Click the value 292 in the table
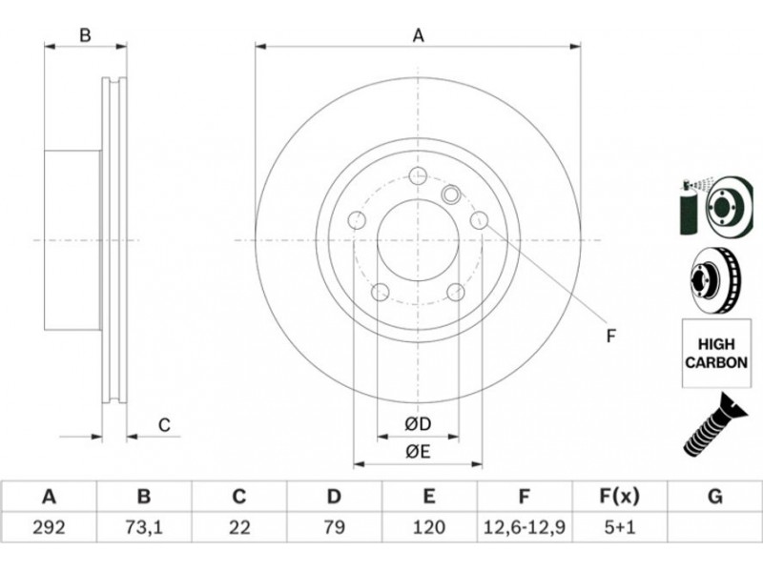click(x=49, y=527)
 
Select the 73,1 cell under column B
click(x=144, y=527)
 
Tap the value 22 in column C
click(x=239, y=527)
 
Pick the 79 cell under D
click(x=334, y=527)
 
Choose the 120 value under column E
click(x=428, y=527)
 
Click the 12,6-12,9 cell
click(x=524, y=527)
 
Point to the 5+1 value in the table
click(x=619, y=527)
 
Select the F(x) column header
click(x=619, y=497)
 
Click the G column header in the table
click(x=714, y=497)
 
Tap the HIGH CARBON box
click(x=716, y=353)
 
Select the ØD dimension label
click(x=418, y=424)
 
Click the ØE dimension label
click(x=418, y=452)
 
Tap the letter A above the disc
click(x=418, y=35)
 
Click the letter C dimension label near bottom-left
click(x=164, y=425)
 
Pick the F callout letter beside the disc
click(x=611, y=337)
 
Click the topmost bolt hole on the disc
click(x=418, y=175)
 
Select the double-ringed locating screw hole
click(x=451, y=194)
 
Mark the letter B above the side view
click(x=85, y=35)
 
